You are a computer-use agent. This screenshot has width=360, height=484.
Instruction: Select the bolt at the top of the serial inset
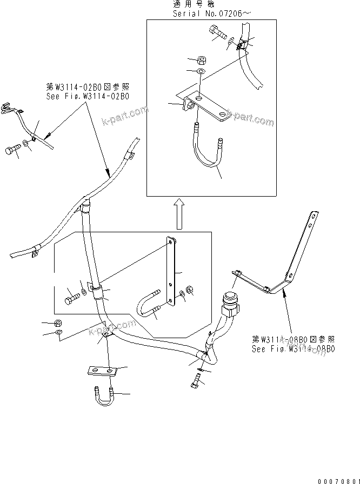click(216, 33)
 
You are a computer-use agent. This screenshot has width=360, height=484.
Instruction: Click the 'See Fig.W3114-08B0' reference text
click(293, 348)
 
